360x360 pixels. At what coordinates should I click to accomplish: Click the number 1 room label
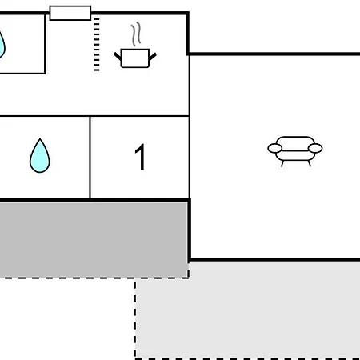coord(140,157)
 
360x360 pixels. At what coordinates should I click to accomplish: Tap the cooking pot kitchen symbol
coord(135,58)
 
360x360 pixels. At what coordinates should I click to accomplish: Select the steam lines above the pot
coord(136,34)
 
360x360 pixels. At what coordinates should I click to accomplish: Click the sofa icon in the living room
coord(295,151)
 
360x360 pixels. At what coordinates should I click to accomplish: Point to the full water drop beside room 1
coord(40,156)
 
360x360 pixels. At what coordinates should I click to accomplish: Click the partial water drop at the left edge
coord(2,45)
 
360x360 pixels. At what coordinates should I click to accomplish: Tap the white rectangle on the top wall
coord(70,13)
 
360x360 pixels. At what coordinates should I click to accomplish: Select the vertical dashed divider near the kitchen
coord(97,45)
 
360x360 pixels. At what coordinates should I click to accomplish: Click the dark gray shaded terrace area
coord(94,240)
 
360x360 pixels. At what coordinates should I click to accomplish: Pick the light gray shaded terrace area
coord(248,310)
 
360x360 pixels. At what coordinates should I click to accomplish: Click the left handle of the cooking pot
coord(118,56)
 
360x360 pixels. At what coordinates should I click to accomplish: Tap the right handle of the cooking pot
coord(153,57)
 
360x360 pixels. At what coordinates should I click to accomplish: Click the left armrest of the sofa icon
coord(274,148)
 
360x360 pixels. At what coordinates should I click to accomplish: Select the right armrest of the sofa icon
coord(315,148)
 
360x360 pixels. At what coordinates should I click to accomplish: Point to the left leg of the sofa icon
coord(282,164)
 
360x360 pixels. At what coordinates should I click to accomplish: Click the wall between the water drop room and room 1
coord(90,158)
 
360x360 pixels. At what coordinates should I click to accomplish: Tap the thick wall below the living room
coord(274,259)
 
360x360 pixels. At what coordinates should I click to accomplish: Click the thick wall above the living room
coord(274,54)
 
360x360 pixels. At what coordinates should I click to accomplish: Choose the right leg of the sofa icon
coord(310,164)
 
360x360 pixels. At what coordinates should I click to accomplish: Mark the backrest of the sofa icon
coord(295,141)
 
